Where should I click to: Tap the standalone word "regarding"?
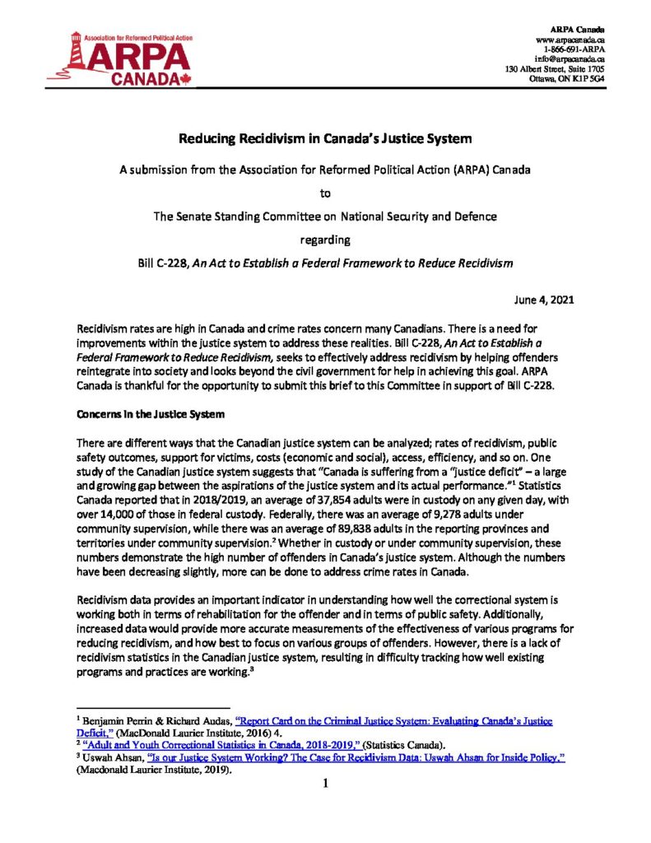(x=325, y=240)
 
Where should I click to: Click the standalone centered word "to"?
(x=325, y=195)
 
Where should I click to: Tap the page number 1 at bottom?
(x=326, y=783)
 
